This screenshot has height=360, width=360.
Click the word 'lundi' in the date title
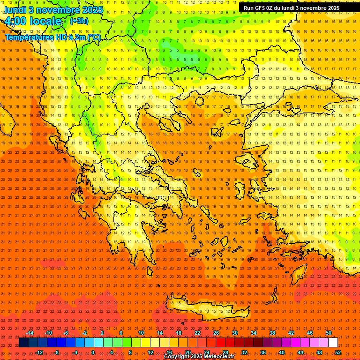click(x=14, y=9)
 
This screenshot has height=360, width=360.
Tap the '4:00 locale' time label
click(x=33, y=21)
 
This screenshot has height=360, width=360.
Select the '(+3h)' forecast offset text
click(x=78, y=21)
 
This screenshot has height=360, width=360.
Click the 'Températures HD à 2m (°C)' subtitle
click(x=52, y=37)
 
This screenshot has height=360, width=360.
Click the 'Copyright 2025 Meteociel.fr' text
click(x=198, y=357)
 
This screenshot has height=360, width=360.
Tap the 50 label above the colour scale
click(x=329, y=333)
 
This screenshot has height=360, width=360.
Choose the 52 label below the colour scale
click(x=338, y=352)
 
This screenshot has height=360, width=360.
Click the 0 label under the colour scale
click(x=93, y=352)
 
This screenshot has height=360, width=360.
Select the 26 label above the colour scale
click(x=216, y=333)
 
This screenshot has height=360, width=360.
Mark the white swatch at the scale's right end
click(x=333, y=343)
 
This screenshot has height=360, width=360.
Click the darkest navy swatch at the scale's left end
click(x=23, y=343)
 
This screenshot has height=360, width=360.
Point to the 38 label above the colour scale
click(x=272, y=333)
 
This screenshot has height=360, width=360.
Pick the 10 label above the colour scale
click(x=141, y=333)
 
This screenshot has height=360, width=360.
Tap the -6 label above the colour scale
click(x=66, y=333)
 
